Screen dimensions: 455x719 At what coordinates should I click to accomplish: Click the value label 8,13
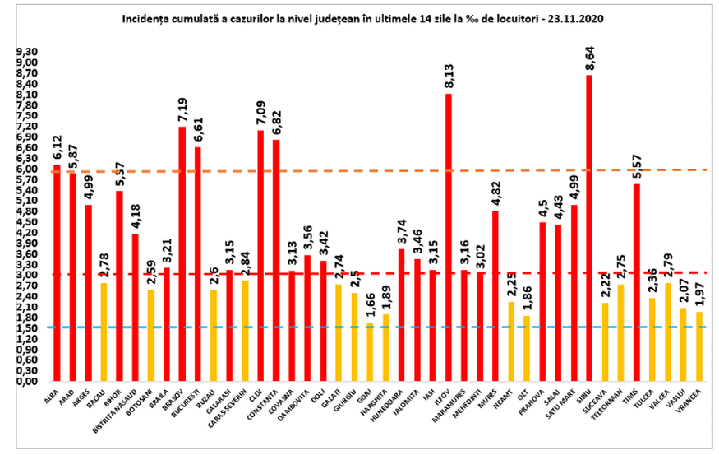click(x=449, y=80)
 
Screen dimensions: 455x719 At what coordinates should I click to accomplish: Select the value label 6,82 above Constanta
click(x=276, y=125)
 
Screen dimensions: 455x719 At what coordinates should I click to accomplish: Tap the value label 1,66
click(x=370, y=309)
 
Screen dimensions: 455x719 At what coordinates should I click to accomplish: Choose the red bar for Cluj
click(x=260, y=255)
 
